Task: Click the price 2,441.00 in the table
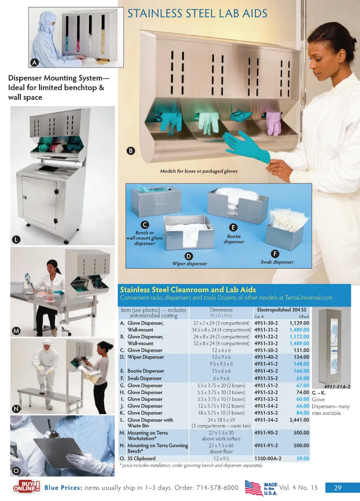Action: [299, 420]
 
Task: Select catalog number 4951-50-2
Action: [266, 350]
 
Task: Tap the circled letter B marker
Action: [131, 151]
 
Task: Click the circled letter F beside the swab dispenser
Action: [275, 254]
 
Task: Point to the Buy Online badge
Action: [26, 487]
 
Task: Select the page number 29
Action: [337, 488]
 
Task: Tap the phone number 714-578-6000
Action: [217, 487]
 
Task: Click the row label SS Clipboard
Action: [141, 459]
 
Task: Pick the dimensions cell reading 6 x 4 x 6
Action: [221, 378]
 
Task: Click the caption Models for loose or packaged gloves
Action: [199, 171]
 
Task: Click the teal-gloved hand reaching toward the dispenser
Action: [247, 146]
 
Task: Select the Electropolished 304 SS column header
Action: [282, 310]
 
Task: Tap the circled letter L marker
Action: [16, 239]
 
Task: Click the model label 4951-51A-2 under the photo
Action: [337, 387]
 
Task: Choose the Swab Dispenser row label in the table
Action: [144, 378]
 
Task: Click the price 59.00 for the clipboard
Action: [303, 459]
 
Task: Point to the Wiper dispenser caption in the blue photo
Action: [189, 264]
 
